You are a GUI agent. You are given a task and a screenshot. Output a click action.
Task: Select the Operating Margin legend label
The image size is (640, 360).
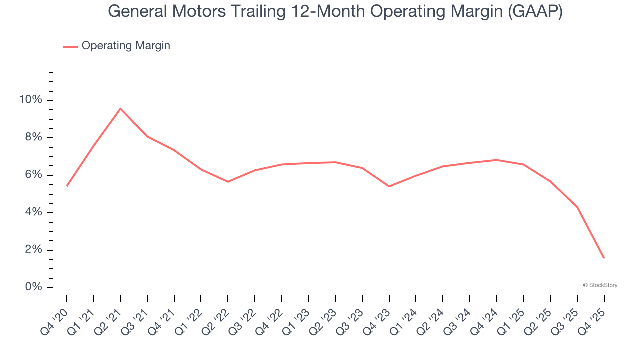(x=126, y=46)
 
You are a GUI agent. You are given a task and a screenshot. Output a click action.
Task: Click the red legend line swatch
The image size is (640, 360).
(x=70, y=46)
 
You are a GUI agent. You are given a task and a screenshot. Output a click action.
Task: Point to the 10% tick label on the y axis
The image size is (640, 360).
(x=30, y=100)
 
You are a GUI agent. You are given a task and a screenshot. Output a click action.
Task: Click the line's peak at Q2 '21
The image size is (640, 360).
(x=120, y=108)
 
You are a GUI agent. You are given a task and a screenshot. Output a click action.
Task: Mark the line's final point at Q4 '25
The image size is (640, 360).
(x=604, y=258)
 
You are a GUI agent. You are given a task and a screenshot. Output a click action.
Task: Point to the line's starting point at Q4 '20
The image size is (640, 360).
(x=67, y=186)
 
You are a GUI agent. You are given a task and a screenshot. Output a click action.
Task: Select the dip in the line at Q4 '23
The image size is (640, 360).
(x=389, y=186)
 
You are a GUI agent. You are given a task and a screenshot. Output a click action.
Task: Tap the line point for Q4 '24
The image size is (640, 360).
(x=496, y=160)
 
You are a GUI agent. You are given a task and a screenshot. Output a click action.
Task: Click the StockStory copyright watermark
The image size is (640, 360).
(x=600, y=285)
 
